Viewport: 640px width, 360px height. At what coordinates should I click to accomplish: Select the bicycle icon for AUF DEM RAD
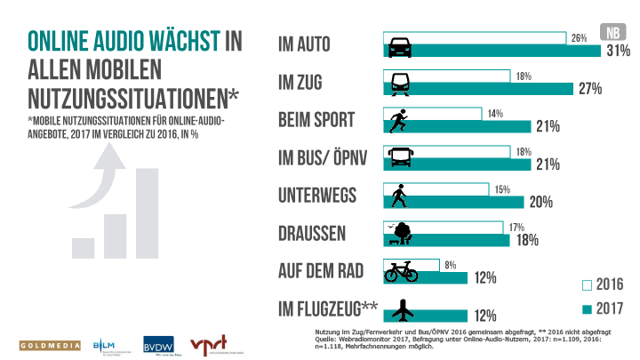coord(401,272)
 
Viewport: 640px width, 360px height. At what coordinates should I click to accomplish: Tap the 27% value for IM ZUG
coord(590,89)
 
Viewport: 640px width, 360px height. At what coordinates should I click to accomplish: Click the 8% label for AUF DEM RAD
coord(452,264)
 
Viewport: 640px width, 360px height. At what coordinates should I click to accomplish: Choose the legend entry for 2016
coord(604,286)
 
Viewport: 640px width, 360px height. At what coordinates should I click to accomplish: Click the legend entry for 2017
coord(604,309)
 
